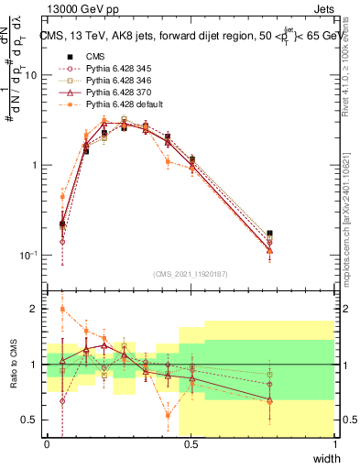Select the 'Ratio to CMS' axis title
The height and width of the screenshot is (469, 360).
[x=13, y=365]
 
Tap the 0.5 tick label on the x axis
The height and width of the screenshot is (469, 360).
[x=191, y=443]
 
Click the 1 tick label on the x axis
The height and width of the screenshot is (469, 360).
[x=334, y=443]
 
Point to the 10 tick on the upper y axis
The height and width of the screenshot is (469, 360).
[x=30, y=75]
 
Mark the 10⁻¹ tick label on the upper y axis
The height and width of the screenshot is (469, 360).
[x=28, y=255]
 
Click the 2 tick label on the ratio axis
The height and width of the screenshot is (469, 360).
[x=35, y=310]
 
